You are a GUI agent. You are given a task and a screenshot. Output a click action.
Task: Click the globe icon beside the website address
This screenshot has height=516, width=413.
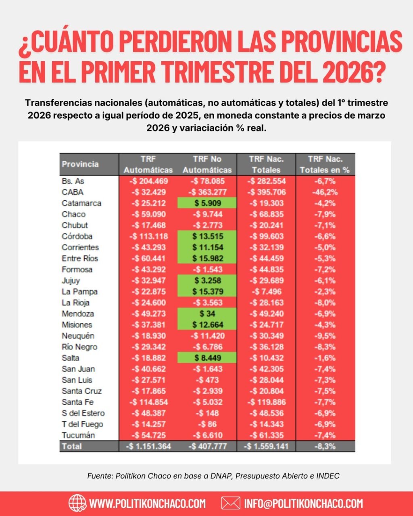click(x=77, y=503)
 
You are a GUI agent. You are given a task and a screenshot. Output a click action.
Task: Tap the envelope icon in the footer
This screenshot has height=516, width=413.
click(x=231, y=503)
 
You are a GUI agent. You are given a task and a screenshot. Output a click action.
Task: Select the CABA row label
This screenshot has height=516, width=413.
click(x=73, y=192)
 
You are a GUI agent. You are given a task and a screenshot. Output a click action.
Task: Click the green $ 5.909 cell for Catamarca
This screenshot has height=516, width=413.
click(x=207, y=203)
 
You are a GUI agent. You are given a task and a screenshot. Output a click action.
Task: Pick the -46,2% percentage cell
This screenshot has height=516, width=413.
click(x=325, y=192)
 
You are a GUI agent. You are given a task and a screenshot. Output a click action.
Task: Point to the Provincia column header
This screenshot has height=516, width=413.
click(x=80, y=164)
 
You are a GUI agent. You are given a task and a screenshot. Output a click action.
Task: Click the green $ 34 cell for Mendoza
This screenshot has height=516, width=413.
click(x=207, y=314)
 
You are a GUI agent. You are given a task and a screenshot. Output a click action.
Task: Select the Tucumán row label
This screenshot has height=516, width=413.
click(x=78, y=435)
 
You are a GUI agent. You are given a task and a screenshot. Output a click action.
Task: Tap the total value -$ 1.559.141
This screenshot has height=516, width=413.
click(x=266, y=446)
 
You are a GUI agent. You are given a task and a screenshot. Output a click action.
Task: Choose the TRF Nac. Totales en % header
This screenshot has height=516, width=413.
click(x=325, y=164)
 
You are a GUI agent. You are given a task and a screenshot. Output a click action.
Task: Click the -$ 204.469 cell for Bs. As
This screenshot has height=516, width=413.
click(x=148, y=181)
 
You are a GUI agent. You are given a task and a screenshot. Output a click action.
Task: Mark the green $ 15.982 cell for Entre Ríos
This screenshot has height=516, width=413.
click(x=207, y=258)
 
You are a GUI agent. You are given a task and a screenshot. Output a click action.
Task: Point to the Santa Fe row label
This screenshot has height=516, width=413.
click(x=77, y=402)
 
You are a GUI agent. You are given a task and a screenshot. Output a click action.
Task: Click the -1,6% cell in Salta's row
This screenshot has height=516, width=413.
click(x=325, y=358)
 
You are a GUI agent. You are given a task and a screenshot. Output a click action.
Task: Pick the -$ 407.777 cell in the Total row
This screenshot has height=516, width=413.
click(x=207, y=446)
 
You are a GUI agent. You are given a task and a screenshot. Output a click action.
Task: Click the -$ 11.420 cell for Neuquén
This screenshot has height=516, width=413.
click(x=207, y=336)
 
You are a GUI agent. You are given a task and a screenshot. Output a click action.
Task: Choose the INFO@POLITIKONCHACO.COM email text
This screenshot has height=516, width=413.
click(x=303, y=504)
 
